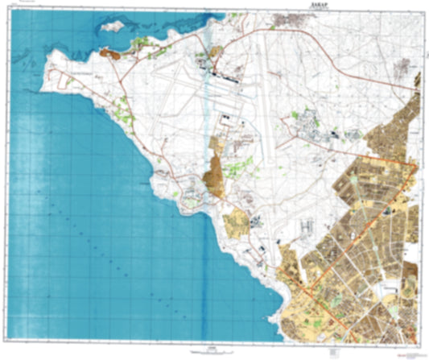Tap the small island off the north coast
[x=113, y=27]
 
